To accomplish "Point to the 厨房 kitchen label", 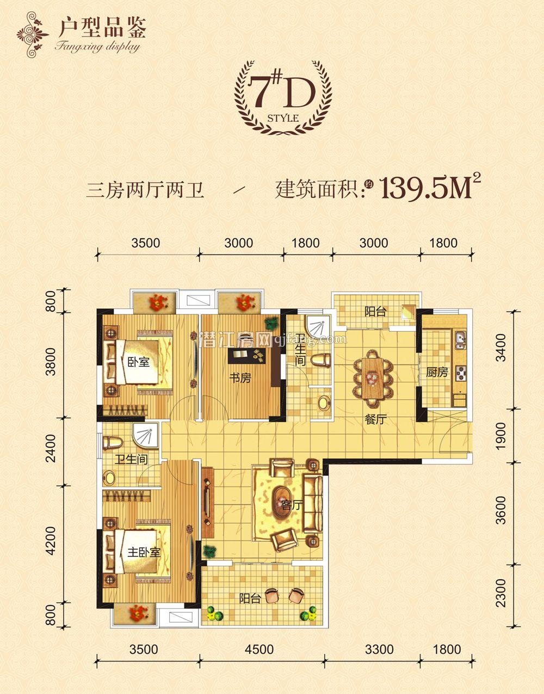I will (437, 373).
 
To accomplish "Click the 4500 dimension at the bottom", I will (259, 649).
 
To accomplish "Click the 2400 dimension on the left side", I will (51, 450).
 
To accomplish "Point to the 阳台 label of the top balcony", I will (375, 312).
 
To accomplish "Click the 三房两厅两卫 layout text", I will (145, 191).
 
